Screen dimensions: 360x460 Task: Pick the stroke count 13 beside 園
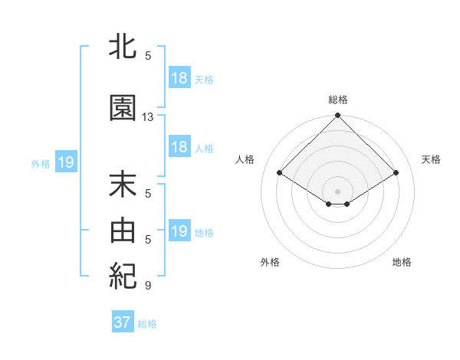pos(148,117)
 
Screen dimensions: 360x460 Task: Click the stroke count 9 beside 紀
pos(148,286)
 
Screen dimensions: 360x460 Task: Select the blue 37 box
pos(122,322)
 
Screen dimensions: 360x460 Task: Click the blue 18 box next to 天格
pos(179,78)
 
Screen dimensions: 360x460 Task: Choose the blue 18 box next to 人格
pos(179,147)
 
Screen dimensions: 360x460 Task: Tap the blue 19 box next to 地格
pos(179,231)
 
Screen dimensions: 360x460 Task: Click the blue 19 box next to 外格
pos(65,162)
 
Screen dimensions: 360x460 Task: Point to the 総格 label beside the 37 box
pos(147,324)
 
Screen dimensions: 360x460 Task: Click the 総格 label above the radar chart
pos(337,100)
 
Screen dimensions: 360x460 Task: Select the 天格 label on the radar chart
pos(431,159)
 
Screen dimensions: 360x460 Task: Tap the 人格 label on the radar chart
pos(245,159)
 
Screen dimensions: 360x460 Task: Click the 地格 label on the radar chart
pos(402,262)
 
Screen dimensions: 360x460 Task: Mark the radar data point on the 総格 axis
pos(337,116)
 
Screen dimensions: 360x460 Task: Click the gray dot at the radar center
pos(337,190)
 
